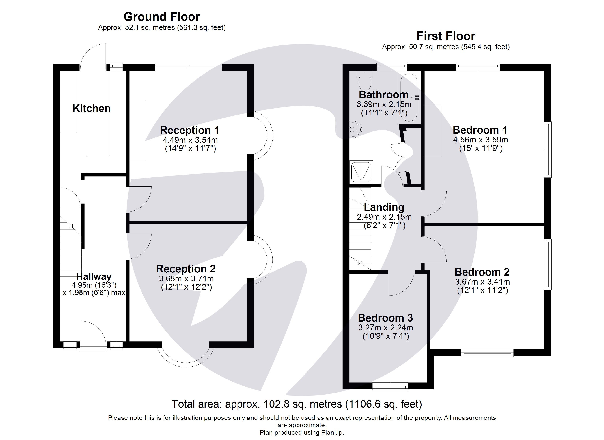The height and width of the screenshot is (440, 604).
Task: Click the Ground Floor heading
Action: [x=162, y=17]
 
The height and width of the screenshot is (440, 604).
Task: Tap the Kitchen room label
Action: [x=91, y=109]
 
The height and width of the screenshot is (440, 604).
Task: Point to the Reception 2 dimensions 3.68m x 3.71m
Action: [x=186, y=279]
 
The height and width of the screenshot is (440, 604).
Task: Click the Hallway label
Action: [x=94, y=276]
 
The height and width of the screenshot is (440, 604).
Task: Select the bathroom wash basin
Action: [x=355, y=130]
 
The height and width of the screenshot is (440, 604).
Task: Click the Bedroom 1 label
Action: [x=480, y=130]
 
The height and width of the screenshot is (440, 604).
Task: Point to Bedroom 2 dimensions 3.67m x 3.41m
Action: [x=482, y=282]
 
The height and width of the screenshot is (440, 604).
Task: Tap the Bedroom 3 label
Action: [x=385, y=318]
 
